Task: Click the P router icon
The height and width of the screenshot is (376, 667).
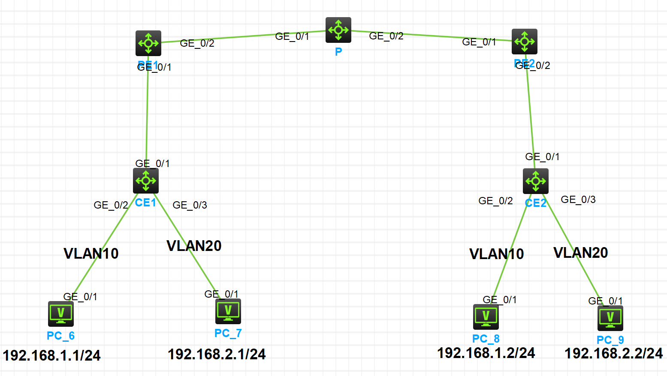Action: tap(338, 30)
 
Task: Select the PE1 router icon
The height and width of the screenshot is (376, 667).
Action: tap(148, 43)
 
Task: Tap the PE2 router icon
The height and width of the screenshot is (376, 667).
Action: tap(524, 42)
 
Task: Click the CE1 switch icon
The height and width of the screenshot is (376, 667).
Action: tap(146, 181)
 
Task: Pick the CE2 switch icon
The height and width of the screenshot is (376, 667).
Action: tap(535, 181)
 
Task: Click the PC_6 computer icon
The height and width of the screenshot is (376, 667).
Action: tap(61, 314)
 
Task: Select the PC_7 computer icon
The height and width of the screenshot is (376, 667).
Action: tap(228, 311)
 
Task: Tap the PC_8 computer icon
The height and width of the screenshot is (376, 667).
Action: tap(486, 317)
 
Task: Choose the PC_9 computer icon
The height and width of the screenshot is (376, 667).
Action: tap(610, 318)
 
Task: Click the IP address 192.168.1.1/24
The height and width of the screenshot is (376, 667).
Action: tap(51, 355)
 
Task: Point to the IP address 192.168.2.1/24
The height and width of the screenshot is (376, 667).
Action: tap(217, 354)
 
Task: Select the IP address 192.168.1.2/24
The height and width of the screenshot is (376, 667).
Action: tap(486, 353)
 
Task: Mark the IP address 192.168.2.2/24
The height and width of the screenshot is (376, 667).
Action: tap(613, 353)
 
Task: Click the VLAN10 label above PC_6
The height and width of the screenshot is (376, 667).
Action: tap(91, 254)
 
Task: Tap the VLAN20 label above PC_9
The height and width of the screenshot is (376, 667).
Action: tap(581, 253)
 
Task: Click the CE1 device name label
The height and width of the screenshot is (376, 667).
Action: tap(146, 203)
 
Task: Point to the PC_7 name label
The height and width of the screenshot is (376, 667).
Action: tap(228, 333)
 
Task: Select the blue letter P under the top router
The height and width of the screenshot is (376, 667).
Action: tap(338, 52)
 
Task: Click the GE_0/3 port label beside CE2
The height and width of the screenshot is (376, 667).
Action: tap(578, 200)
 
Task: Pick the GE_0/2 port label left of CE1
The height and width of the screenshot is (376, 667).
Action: tap(111, 205)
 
